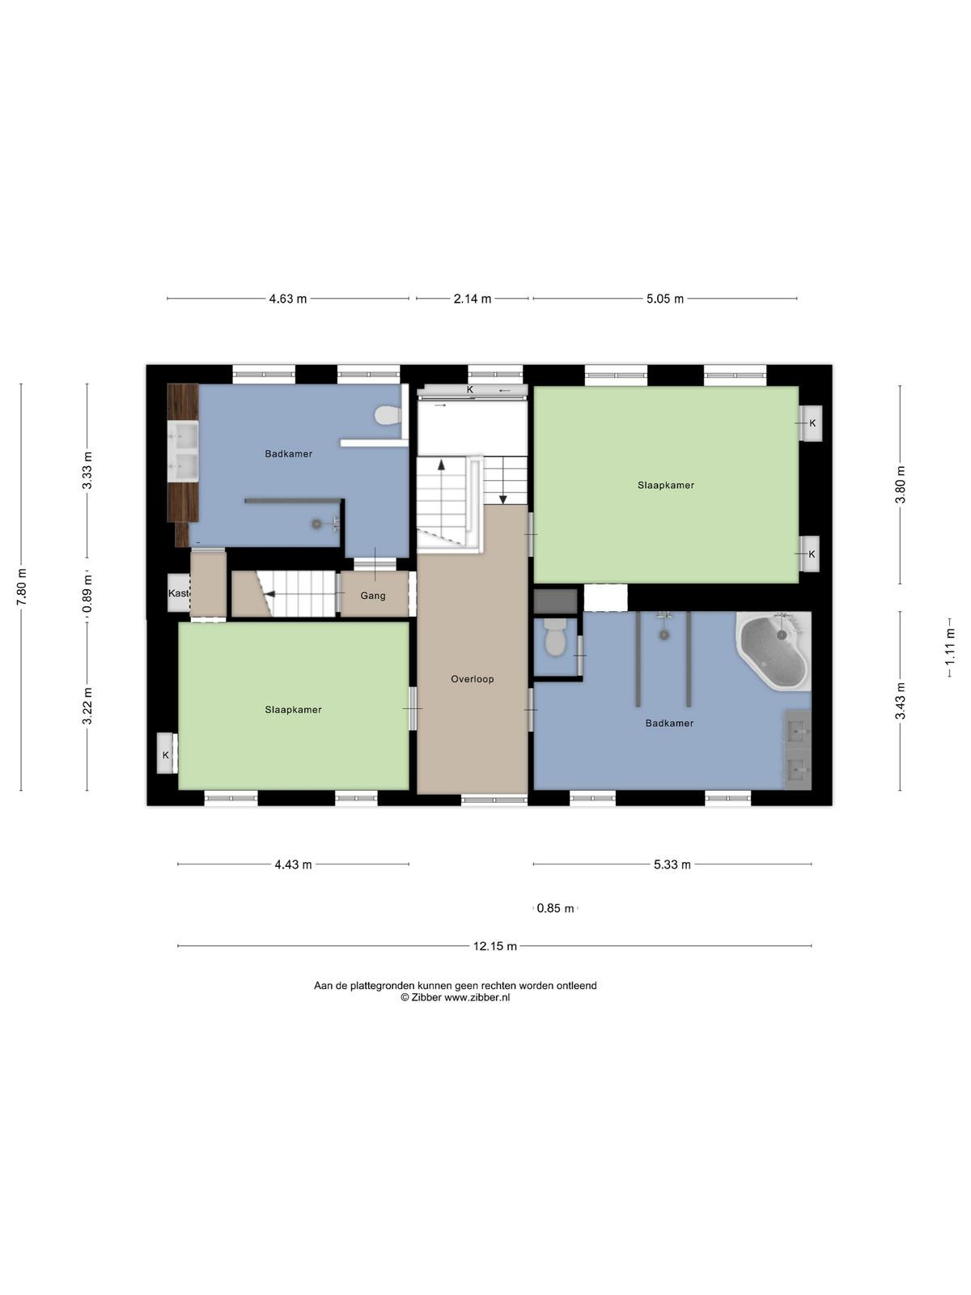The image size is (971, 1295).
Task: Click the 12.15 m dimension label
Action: [494, 946]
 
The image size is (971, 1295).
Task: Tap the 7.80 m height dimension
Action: [22, 587]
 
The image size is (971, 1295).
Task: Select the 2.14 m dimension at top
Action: [473, 299]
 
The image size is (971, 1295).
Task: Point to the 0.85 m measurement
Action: [555, 909]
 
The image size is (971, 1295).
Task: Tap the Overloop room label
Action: [473, 679]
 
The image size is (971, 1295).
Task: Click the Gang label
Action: [373, 596]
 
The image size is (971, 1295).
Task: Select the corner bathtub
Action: [773, 650]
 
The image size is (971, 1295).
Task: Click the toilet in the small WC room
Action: [555, 637]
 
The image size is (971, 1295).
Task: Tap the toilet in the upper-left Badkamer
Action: [388, 414]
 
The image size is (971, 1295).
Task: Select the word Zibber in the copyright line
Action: [426, 998]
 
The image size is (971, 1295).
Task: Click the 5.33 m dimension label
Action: [672, 865]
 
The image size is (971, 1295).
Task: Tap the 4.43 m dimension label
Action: [293, 865]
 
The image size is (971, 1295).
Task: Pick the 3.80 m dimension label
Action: [901, 485]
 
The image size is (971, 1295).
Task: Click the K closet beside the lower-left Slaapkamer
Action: [166, 753]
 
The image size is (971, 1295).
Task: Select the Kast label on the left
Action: [179, 593]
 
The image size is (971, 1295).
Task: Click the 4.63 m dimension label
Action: [288, 299]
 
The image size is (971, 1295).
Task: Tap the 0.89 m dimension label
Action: [88, 594]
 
